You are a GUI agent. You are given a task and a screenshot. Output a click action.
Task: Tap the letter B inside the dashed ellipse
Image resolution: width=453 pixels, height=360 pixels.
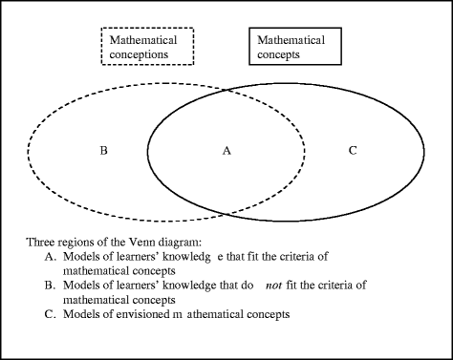tap(104, 151)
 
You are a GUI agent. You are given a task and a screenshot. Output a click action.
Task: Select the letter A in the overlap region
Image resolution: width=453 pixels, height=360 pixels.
tap(226, 151)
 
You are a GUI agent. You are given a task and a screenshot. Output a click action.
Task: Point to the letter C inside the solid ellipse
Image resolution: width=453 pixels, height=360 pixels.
tap(352, 151)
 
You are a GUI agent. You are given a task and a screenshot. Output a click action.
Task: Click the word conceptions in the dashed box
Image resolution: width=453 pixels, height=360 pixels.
tap(139, 54)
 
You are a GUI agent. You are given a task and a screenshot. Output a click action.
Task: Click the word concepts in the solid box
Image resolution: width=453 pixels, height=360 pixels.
tap(280, 54)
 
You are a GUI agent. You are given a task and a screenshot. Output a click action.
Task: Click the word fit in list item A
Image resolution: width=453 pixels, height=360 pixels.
tap(244, 255)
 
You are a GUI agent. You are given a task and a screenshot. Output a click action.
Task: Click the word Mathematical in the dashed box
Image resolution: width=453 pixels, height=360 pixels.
tap(141, 41)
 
